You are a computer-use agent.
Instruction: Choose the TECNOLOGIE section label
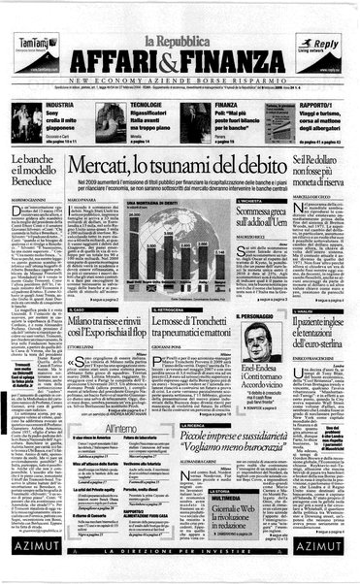click(x=147, y=104)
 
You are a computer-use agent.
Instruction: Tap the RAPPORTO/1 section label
click(x=317, y=104)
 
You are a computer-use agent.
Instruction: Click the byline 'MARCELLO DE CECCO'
click(x=326, y=199)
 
